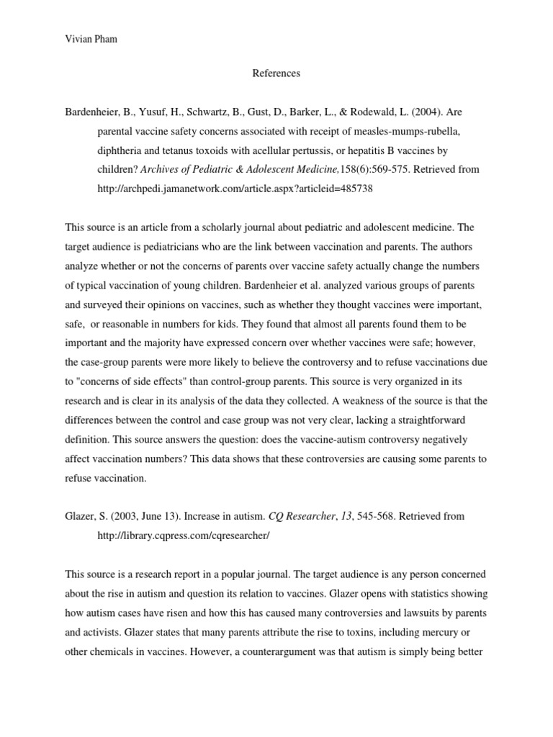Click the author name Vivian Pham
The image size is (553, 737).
(x=86, y=40)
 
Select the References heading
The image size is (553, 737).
(x=276, y=73)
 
